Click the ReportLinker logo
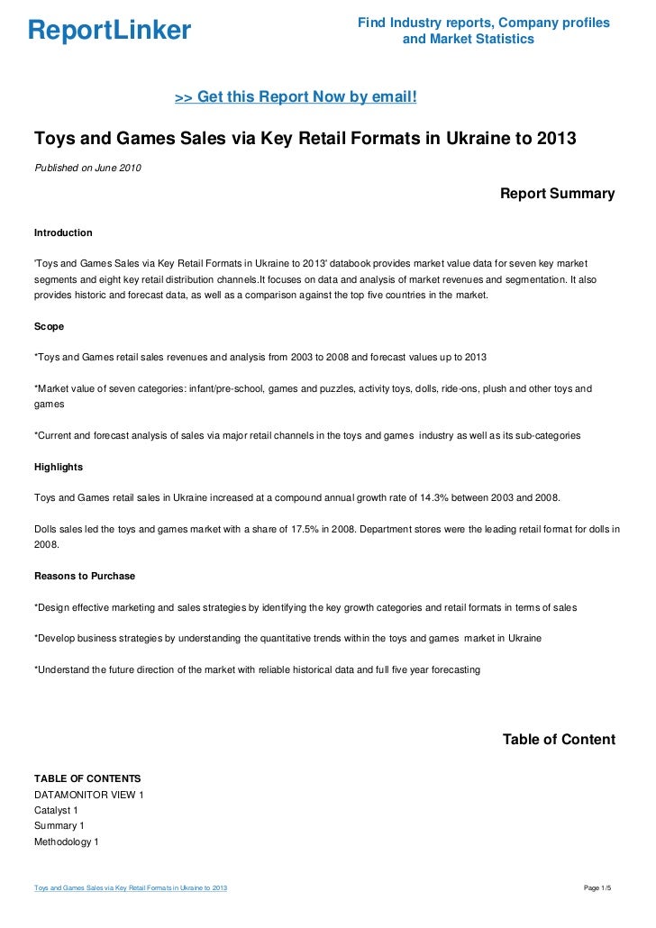(x=109, y=32)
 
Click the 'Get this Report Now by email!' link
(x=296, y=97)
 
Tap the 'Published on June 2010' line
(x=87, y=168)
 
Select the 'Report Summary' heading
(x=557, y=194)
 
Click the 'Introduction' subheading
(x=63, y=232)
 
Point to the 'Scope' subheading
(x=49, y=326)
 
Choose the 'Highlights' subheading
(x=58, y=467)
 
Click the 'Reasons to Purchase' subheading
(x=84, y=576)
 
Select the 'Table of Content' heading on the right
(x=558, y=740)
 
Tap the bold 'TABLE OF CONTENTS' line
(x=87, y=778)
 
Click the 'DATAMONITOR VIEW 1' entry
(x=88, y=795)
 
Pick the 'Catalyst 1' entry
(x=56, y=810)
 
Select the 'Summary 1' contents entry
(x=59, y=825)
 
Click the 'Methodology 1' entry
(x=66, y=842)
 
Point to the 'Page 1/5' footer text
(x=597, y=889)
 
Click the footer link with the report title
(x=131, y=889)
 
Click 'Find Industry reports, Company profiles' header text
(x=484, y=23)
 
